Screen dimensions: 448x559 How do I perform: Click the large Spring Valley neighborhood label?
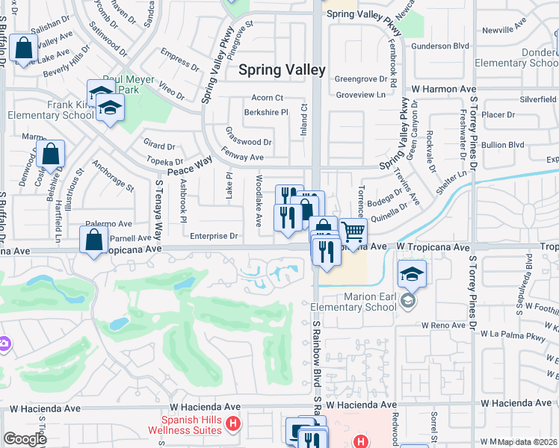[282, 70]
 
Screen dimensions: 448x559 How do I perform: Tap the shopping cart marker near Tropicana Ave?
[353, 232]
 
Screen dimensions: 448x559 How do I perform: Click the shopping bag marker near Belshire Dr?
[51, 155]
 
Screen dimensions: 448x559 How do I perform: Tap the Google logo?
[24, 439]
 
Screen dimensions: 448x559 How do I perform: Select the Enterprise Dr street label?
[214, 236]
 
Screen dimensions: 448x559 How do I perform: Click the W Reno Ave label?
[444, 326]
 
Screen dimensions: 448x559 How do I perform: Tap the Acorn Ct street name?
[268, 98]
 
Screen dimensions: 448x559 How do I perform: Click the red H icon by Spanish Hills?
[235, 424]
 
